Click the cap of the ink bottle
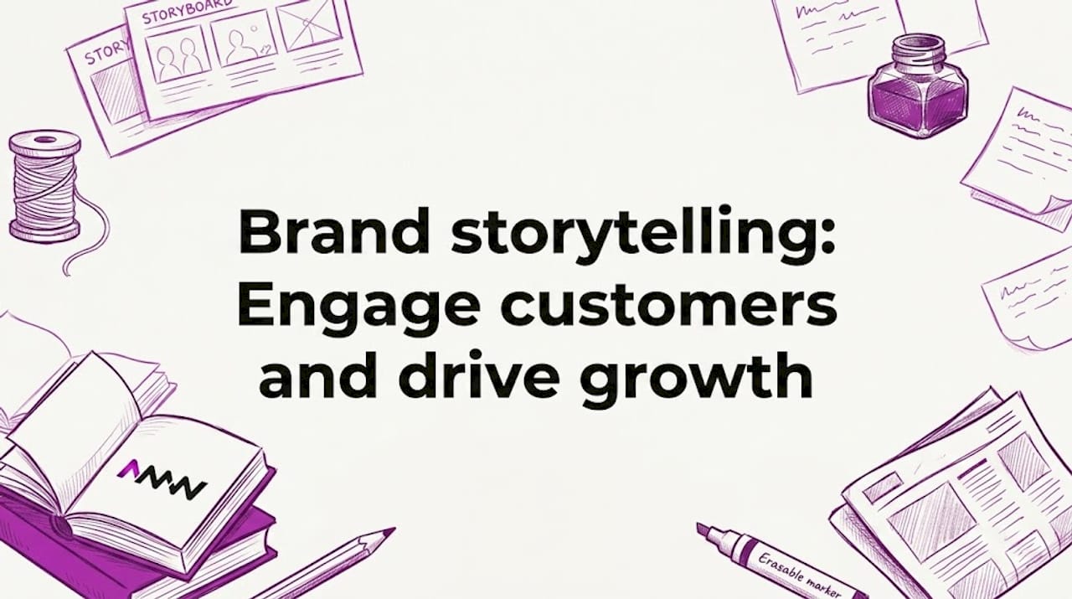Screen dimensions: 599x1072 (x=919, y=47)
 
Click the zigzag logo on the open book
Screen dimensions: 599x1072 (x=161, y=479)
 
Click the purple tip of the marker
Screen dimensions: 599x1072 (x=704, y=530)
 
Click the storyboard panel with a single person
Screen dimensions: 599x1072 (x=244, y=43)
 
